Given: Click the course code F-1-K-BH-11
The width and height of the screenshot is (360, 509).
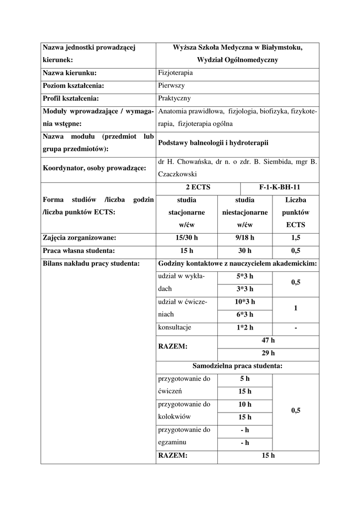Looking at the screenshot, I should pos(279,187).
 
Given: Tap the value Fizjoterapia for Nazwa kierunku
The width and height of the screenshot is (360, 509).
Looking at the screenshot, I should pos(175,73).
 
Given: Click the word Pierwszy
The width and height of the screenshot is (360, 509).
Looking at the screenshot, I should pos(171,85).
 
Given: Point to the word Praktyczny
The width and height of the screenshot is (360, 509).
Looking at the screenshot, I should pos(174,98).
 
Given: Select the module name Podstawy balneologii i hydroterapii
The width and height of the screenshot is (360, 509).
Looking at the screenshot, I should pos(213,143).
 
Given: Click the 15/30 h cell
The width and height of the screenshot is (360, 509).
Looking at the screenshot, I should pos(186,238).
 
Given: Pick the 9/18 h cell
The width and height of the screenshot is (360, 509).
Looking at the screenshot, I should pos(245,238).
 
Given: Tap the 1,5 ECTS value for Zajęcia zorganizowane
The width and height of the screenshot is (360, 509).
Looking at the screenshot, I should pos(295,238).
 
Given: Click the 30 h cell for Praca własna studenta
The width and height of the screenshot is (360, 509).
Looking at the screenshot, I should pos(245,251).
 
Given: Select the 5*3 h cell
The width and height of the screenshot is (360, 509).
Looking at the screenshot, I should pos(245,276).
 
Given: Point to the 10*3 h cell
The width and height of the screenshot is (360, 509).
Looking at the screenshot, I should pos(245,302).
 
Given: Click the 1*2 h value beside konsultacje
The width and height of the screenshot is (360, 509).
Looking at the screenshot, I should pos(245,328).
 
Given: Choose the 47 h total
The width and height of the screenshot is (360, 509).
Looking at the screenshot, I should pos(268,340).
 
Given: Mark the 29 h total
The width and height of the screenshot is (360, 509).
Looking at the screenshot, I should pos(268,353).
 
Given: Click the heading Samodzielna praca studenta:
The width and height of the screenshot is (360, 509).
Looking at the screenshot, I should pos(237,366).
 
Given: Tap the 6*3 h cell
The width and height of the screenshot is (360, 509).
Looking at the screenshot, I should pos(245,315).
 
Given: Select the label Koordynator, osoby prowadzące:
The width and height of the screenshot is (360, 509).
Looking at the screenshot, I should pos(94,168).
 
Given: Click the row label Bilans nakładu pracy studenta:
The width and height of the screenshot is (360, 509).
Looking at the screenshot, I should pos(90,263).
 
